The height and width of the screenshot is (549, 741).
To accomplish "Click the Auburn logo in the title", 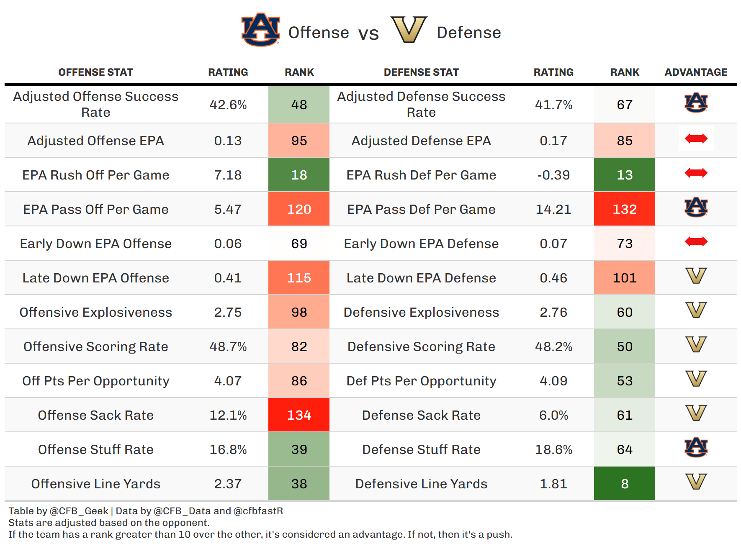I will pos(260,29).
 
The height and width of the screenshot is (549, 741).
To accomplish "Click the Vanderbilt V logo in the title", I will pos(409,30).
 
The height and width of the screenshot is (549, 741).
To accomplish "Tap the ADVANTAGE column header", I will pos(696,72).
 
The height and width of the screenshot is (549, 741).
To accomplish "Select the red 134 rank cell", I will pos(299,415).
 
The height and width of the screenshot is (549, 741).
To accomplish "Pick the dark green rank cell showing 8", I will pos(625,484).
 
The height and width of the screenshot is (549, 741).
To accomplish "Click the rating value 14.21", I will pos(553,209).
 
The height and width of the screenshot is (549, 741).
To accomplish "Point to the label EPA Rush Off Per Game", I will pos(96,175).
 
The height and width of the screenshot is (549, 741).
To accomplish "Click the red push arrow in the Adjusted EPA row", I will pos(696,139).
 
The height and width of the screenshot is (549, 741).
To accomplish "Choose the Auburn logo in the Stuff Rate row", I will pos(696,447).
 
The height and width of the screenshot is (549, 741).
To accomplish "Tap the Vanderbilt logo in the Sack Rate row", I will pos(696,413).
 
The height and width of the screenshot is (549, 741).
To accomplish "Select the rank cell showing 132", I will pos(625,209).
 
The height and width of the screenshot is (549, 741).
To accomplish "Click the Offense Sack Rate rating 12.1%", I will pos(228,415).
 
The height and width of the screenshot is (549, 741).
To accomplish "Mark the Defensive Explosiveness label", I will pos(421,312).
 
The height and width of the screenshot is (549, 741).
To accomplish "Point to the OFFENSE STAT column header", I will pos(96,72).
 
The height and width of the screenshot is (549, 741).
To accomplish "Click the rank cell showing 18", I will pos(299,175).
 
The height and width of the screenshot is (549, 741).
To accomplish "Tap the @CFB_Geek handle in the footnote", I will pos(79,511).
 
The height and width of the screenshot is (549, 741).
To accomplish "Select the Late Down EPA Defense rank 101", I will pos(625,278).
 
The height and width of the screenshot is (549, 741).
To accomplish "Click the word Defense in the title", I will pos(469,33).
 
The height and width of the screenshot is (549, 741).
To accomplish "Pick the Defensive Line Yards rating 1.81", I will pos(553,484).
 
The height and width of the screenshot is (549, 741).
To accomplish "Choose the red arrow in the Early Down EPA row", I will pos(696,241).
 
